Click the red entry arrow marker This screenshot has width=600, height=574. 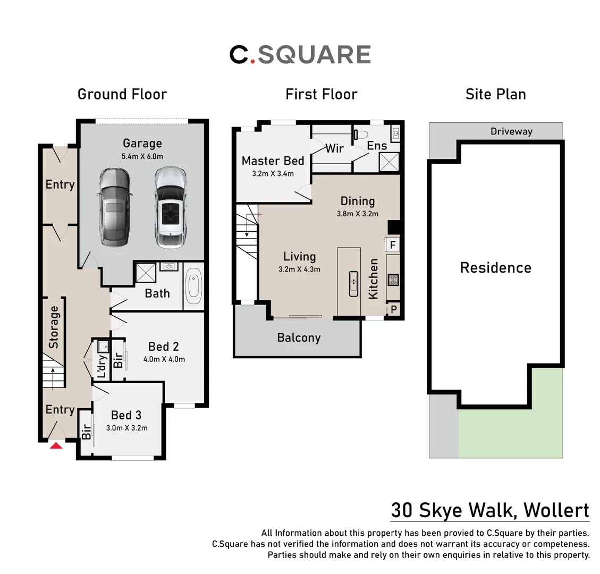[x=56, y=445]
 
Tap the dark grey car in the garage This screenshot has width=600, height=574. [x=115, y=207]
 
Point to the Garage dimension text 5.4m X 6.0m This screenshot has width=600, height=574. [x=142, y=156]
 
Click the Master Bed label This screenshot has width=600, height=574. [x=273, y=161]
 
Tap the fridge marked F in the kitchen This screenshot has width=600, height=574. [x=393, y=244]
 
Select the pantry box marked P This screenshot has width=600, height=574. [x=394, y=309]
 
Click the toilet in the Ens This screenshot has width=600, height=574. [x=362, y=133]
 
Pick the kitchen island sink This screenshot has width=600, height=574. [x=353, y=283]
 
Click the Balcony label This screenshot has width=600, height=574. [x=299, y=337]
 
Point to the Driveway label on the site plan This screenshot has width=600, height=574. [x=511, y=131]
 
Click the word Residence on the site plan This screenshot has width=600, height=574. [x=495, y=267]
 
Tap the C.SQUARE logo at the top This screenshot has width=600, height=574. [x=300, y=54]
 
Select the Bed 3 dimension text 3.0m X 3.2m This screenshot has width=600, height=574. [x=126, y=428]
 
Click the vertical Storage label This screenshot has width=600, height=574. [x=54, y=327]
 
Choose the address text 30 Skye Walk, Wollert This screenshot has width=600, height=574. [x=489, y=510]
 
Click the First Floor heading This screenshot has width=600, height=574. [x=321, y=94]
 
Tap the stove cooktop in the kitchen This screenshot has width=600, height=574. [x=393, y=280]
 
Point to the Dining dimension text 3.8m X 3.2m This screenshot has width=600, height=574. [x=357, y=214]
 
